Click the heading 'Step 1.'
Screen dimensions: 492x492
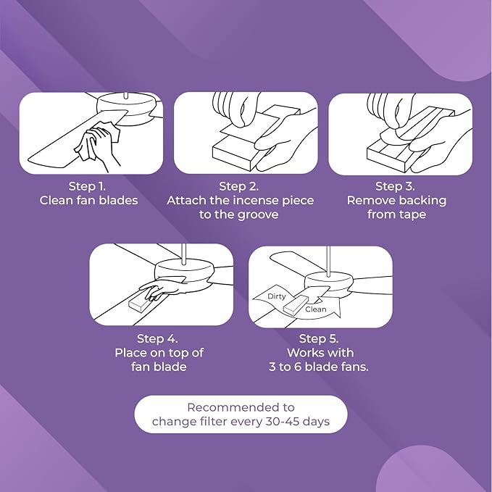[87, 186]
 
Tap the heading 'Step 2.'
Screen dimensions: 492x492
[239, 186]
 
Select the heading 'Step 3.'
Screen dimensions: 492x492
[395, 186]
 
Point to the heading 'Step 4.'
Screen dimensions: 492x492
[157, 338]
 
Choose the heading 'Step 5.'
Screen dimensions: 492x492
[319, 338]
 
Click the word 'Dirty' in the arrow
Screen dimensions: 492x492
[277, 296]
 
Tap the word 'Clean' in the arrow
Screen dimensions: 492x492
[316, 309]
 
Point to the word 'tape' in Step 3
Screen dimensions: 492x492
[412, 215]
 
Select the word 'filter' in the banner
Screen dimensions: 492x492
[214, 421]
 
